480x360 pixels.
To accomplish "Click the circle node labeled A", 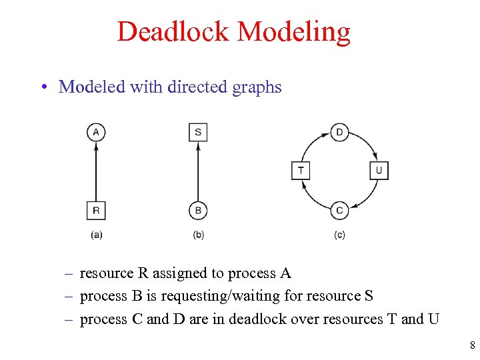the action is click(96, 132).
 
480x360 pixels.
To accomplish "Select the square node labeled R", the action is click(96, 211).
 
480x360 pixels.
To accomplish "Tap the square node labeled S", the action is click(198, 132).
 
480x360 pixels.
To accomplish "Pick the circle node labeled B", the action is click(198, 211).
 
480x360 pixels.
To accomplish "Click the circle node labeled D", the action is click(339, 132).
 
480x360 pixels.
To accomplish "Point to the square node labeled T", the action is click(301, 170).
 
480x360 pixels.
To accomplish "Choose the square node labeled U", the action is click(379, 170).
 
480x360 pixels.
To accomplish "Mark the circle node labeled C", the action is click(339, 211).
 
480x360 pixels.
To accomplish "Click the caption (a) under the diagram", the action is click(96, 235).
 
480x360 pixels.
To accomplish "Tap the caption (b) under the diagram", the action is click(198, 235).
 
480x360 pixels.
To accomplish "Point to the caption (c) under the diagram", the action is click(339, 235).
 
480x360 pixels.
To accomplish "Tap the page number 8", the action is click(472, 345).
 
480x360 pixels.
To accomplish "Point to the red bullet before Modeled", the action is click(42, 87).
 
